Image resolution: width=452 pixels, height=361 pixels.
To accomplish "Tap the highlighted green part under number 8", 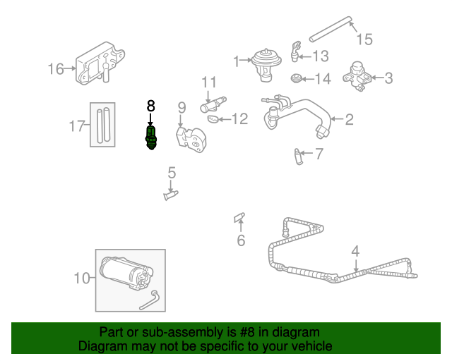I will (150, 135).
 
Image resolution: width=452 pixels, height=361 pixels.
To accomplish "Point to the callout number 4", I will (355, 250).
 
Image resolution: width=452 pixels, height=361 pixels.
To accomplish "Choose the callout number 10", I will (83, 278).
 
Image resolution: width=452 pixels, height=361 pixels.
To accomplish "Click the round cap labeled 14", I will (298, 78).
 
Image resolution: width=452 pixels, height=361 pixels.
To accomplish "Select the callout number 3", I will (389, 78).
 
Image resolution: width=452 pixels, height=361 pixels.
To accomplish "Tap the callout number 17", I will (77, 126).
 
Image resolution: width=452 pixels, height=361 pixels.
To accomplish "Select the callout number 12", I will (240, 119).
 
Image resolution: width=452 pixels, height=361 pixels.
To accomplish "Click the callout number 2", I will (348, 119).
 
